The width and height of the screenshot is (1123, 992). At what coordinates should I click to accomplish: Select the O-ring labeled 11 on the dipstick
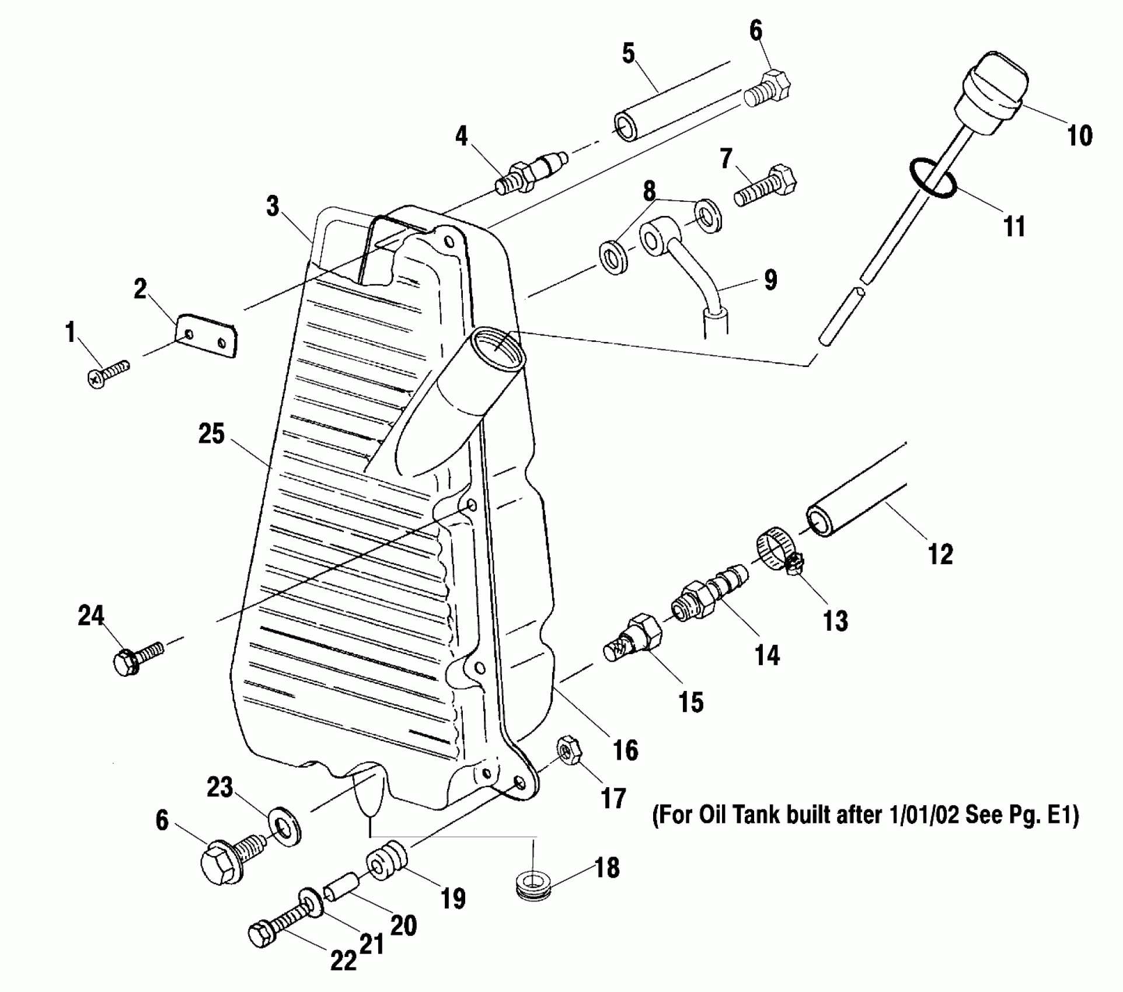point(932,179)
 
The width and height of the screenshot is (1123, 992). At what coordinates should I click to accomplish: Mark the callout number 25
point(211,434)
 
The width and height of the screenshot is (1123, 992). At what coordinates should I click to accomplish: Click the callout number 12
point(940,554)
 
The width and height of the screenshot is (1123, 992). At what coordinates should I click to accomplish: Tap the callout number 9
point(770,280)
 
